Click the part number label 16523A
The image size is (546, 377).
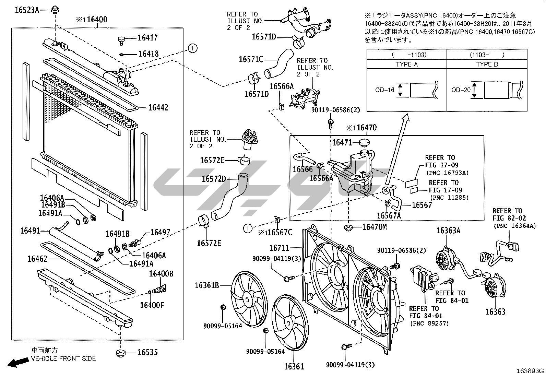point(27,10)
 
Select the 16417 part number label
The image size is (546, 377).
point(147,38)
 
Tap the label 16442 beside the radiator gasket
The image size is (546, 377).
point(158,108)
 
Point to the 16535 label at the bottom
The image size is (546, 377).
point(147,352)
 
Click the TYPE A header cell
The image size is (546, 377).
point(406,64)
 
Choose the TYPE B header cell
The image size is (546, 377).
point(487,64)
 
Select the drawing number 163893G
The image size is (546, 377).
point(531,371)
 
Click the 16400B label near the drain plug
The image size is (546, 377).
point(161,274)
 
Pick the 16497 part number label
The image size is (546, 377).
point(160,233)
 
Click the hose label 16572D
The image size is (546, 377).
point(214,179)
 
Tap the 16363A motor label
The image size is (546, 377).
point(448,231)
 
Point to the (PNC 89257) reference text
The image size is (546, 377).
point(429,323)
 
